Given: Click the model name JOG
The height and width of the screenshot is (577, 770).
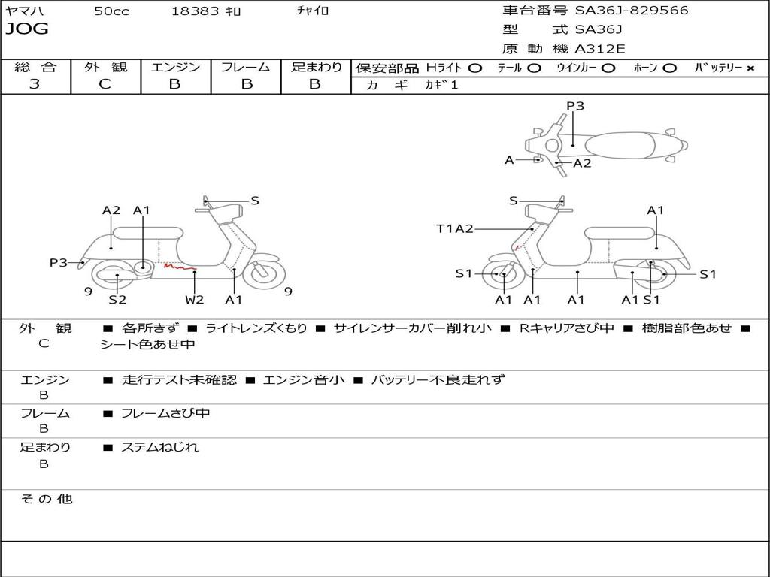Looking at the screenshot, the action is coord(27,29).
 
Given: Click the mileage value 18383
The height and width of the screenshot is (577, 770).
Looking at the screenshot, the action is coord(195,11).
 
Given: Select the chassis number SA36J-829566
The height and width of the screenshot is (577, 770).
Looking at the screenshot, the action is coord(632,11).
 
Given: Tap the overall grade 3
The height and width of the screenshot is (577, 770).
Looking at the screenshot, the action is coord(35,84).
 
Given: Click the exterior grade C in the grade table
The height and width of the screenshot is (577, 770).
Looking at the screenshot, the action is coord(105,84).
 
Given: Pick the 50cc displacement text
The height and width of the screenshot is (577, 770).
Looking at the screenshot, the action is coord(111,11).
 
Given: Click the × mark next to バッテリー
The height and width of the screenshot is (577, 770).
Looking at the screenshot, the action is coord(750,68).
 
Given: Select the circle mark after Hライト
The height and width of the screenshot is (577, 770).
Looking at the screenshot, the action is coord(475,68).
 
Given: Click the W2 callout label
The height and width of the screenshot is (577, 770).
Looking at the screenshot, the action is coord(195,300).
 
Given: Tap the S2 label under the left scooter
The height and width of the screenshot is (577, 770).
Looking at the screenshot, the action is coord(117,300).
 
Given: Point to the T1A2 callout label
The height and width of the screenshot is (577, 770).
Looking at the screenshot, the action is coord(455,228).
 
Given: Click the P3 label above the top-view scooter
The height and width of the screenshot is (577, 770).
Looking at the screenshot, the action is coord(575,106).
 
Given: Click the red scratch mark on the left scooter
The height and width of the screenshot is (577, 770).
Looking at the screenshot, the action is coord(180,266).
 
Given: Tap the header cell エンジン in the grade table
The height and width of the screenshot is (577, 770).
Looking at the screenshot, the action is coord(175,68).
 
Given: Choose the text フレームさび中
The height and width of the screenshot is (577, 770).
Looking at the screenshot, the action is coord(165,413).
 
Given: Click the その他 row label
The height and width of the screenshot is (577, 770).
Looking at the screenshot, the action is coord(46,499).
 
